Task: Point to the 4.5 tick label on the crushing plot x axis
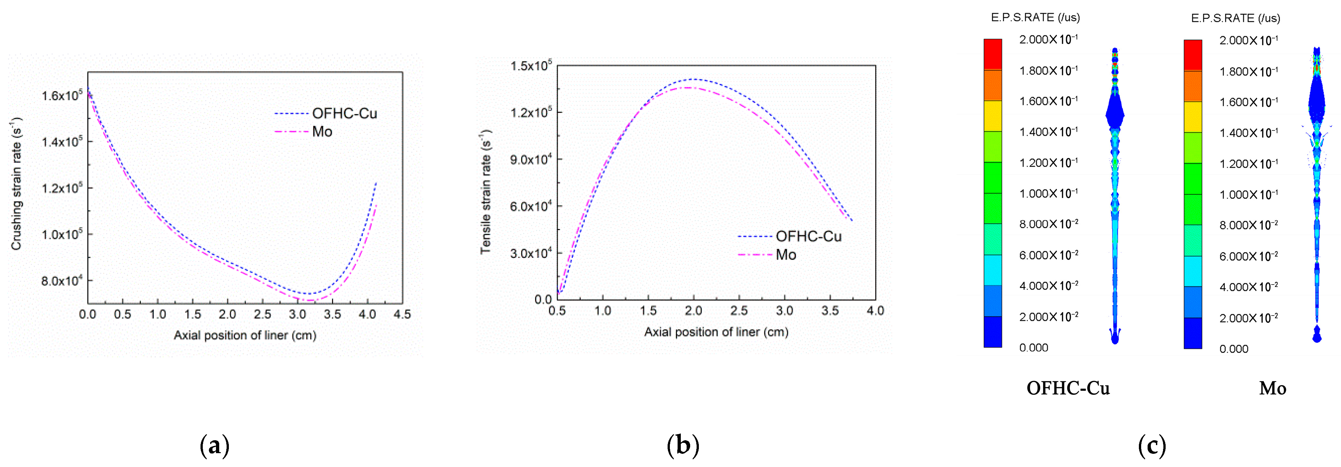click(x=402, y=315)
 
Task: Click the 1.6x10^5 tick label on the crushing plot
click(x=62, y=95)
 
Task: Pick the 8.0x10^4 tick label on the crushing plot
click(x=62, y=281)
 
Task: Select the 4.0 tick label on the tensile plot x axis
click(x=875, y=311)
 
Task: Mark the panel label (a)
click(x=214, y=446)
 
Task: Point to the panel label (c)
click(x=1151, y=446)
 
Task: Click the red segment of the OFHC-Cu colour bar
click(x=992, y=54)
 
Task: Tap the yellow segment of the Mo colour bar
click(x=1193, y=117)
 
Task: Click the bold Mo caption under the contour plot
click(x=1272, y=388)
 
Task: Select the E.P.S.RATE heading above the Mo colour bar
click(x=1235, y=18)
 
